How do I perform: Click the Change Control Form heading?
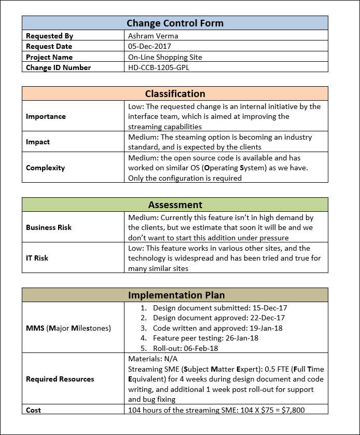point(175,23)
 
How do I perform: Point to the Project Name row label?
point(49,57)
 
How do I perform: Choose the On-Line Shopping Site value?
point(165,57)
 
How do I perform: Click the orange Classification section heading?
point(175,94)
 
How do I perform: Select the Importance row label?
point(46,116)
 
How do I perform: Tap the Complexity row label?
point(46,168)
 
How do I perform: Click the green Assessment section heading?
point(175,205)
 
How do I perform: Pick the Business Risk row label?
point(49,227)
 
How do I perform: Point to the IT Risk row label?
point(37,258)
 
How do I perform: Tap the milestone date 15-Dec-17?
point(268,308)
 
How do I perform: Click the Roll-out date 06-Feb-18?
point(200,348)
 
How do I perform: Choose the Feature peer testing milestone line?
point(213,338)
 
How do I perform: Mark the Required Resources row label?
point(60,379)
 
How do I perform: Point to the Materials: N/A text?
point(149,359)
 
